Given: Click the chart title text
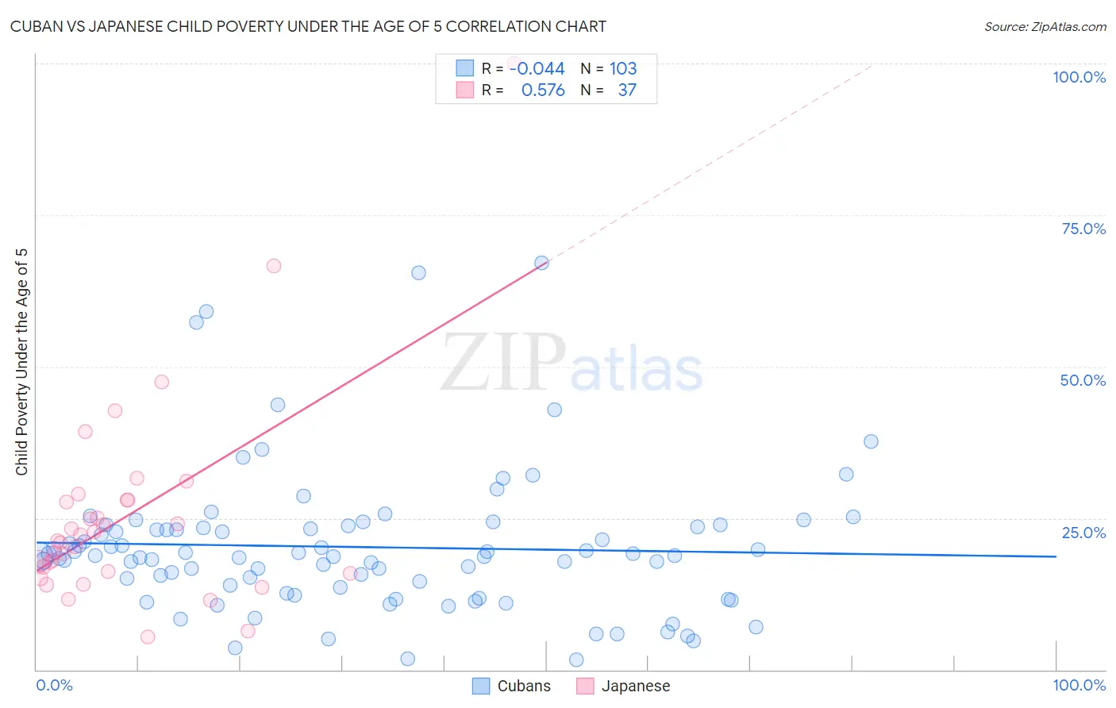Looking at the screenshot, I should (308, 26).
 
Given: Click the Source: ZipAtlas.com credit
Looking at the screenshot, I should (1045, 26).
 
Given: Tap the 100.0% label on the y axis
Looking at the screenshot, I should (1079, 77).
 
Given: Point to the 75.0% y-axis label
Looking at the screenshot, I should (1083, 229).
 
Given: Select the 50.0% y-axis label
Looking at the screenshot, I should (1083, 380).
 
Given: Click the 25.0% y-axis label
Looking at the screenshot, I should (1083, 533).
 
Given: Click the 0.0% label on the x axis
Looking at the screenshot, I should (54, 685).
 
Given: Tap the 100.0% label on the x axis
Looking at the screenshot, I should (1079, 685).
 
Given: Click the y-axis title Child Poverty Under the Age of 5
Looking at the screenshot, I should (21, 362).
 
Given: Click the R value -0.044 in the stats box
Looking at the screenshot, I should (537, 68).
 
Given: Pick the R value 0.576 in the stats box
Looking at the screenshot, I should (543, 90).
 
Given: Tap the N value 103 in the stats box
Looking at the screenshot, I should (623, 68).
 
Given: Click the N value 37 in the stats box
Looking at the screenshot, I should (627, 90).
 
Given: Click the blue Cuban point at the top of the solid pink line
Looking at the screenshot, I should (541, 263).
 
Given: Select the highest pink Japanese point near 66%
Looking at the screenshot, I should (274, 266).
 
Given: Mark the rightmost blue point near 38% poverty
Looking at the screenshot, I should (871, 441).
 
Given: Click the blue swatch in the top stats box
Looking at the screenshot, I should (464, 68).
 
